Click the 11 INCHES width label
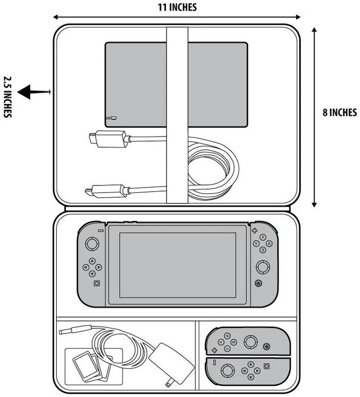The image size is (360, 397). (177, 7)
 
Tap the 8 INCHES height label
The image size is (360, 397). (340, 112)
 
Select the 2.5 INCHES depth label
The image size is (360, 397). (8, 97)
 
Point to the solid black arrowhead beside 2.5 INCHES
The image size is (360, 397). (24, 92)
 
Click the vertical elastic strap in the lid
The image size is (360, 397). (177, 115)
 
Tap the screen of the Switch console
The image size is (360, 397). (178, 265)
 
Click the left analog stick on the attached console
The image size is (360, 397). (92, 244)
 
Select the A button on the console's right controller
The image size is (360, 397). (269, 243)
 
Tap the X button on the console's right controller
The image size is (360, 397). (263, 237)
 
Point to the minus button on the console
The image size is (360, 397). (101, 231)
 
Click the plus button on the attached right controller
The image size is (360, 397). (254, 231)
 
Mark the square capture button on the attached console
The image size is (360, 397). (97, 283)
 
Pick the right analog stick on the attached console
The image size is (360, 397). (263, 267)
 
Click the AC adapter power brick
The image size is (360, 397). (172, 363)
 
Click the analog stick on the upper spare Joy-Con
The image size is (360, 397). (250, 342)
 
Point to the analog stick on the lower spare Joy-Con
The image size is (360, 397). (228, 371)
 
